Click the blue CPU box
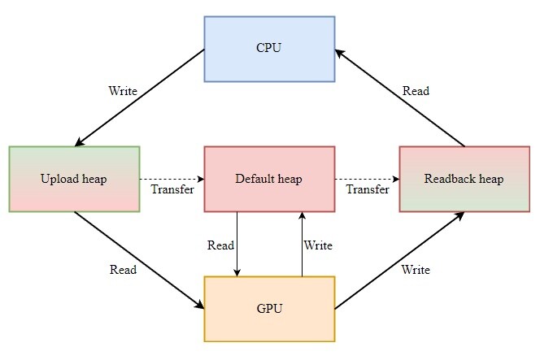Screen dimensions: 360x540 268,48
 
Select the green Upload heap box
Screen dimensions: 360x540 74,179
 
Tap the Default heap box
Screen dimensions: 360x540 268,179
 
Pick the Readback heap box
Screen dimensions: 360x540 464,179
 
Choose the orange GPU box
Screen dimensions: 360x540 268,309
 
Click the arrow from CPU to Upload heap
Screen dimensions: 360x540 139,98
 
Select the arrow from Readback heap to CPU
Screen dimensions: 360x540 399,98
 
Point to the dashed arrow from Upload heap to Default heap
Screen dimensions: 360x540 172,179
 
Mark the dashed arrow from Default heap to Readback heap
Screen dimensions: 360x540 367,179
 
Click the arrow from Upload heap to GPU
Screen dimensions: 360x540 139,260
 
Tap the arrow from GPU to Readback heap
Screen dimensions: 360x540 399,260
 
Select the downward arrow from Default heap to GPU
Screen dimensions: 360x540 237,244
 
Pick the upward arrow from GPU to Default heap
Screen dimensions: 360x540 302,244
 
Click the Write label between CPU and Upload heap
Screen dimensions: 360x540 123,90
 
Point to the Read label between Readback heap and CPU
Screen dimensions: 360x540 416,91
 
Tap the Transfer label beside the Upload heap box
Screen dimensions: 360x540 172,190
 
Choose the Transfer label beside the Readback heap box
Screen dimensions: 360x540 368,190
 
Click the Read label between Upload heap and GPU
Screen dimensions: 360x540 123,270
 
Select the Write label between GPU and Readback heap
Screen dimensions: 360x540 416,270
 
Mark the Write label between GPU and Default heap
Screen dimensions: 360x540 318,245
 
